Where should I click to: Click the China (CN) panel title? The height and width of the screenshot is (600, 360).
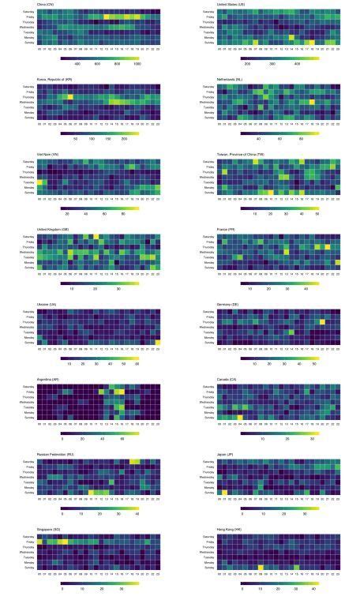click(x=46, y=5)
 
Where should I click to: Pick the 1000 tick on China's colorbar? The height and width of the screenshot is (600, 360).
click(x=137, y=63)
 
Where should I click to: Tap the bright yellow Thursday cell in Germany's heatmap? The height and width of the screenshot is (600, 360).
click(x=323, y=322)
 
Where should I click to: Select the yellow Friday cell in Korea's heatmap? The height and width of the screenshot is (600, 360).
click(x=69, y=96)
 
